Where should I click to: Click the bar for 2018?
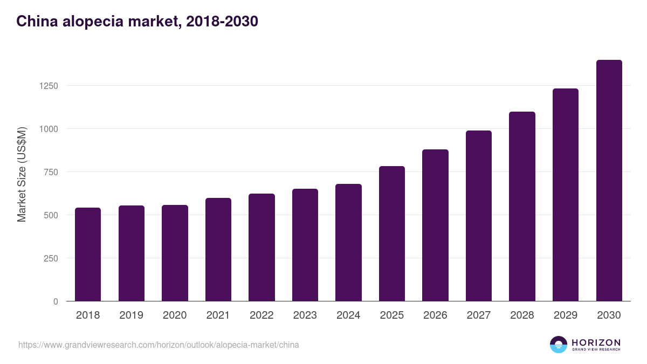pyautogui.click(x=88, y=254)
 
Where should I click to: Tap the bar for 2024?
pyautogui.click(x=348, y=242)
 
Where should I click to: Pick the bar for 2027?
pyautogui.click(x=479, y=216)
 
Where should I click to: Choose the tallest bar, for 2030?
pyautogui.click(x=609, y=181)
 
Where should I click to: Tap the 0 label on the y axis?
pyautogui.click(x=56, y=301)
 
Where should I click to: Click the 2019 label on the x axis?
pyautogui.click(x=131, y=315)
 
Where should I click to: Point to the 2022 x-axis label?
pyautogui.click(x=261, y=315)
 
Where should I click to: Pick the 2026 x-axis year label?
pyautogui.click(x=435, y=315)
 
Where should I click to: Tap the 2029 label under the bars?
pyautogui.click(x=566, y=315)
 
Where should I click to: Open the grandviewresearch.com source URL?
pyautogui.click(x=159, y=345)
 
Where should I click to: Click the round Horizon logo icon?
pyautogui.click(x=559, y=345)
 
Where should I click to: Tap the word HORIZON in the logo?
pyautogui.click(x=596, y=342)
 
